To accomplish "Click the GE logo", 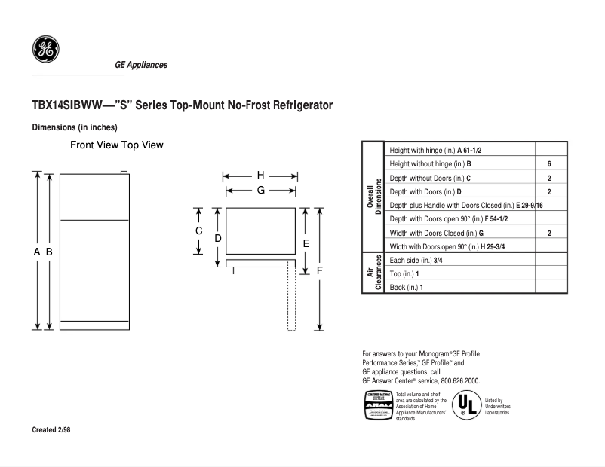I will pyautogui.click(x=45, y=50).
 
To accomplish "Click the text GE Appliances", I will pyautogui.click(x=141, y=65).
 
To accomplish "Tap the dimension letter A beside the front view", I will pyautogui.click(x=36, y=252).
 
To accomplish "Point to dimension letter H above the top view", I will pyautogui.click(x=260, y=175).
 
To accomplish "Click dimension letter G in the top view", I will pyautogui.click(x=260, y=191).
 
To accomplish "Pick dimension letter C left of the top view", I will pyautogui.click(x=199, y=230).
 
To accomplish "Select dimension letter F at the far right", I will pyautogui.click(x=320, y=270).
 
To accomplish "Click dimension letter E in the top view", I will pyautogui.click(x=306, y=243).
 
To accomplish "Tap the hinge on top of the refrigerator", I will pyautogui.click(x=124, y=172).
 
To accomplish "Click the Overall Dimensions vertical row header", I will pyautogui.click(x=374, y=197).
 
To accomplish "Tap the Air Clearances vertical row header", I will pyautogui.click(x=374, y=273).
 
